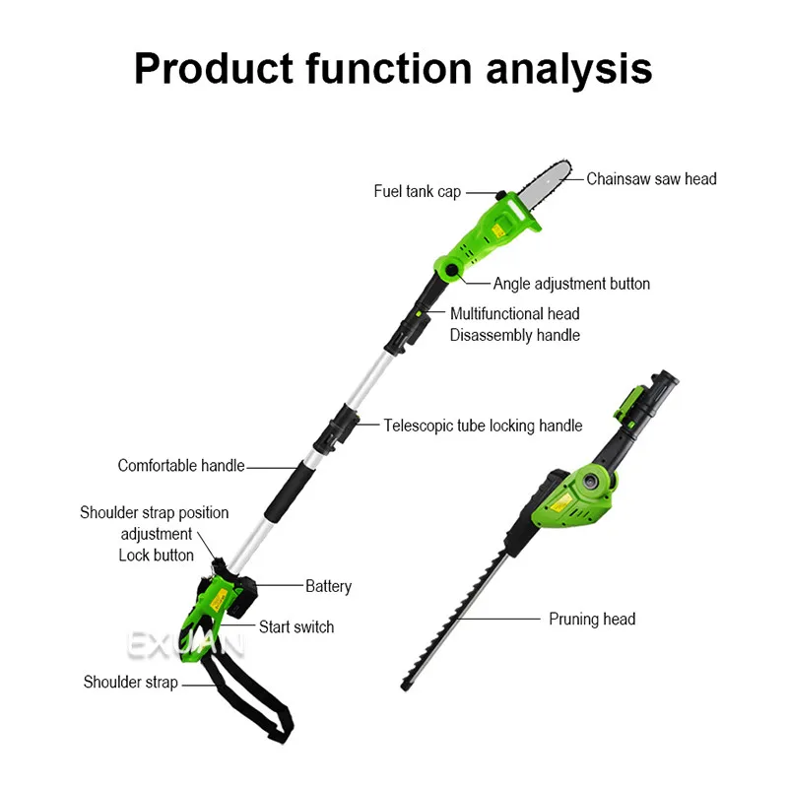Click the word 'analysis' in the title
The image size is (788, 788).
pos(568,69)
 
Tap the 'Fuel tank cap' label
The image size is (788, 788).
pos(417,191)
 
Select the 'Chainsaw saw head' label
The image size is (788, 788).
pos(651,179)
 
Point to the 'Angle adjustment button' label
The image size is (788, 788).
pos(571,284)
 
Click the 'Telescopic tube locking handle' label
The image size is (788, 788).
pos(483,426)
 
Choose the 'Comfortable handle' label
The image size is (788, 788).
pos(181,465)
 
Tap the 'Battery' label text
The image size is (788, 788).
pos(328,586)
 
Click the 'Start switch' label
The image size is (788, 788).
pos(296,626)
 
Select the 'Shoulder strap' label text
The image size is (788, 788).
pos(131,682)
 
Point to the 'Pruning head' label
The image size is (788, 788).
pos(592,619)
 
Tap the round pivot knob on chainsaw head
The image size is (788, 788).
pos(451,269)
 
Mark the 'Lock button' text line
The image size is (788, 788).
pos(156,555)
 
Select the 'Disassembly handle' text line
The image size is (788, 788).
pos(515,335)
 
